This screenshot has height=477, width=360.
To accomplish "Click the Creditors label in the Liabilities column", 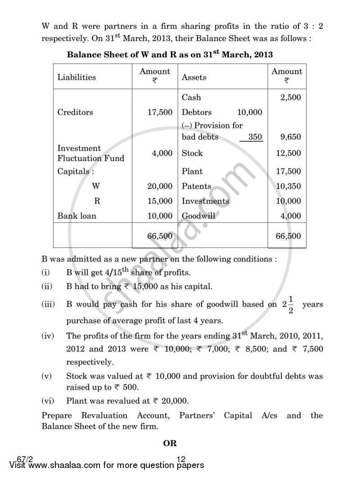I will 75,112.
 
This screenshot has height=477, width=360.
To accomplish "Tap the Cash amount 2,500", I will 290,97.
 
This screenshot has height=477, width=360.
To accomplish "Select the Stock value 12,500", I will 288,153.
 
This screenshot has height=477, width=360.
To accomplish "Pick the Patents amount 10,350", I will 288,186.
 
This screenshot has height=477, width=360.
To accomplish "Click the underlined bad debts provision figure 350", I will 255,137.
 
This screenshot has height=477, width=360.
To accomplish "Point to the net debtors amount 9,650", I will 290,137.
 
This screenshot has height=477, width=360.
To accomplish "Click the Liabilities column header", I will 76,77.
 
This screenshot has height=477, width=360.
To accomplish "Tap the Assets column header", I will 194,77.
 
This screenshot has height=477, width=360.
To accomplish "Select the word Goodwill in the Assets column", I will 198,216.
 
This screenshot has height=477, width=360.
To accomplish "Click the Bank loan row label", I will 76,216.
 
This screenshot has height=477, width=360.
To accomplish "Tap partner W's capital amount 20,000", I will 160,186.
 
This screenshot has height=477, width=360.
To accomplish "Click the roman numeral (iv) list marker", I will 48,336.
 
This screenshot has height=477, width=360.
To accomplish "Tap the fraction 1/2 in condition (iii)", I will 291,305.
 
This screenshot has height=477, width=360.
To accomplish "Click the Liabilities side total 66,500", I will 160,235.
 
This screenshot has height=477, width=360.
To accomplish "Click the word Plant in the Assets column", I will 192,171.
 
